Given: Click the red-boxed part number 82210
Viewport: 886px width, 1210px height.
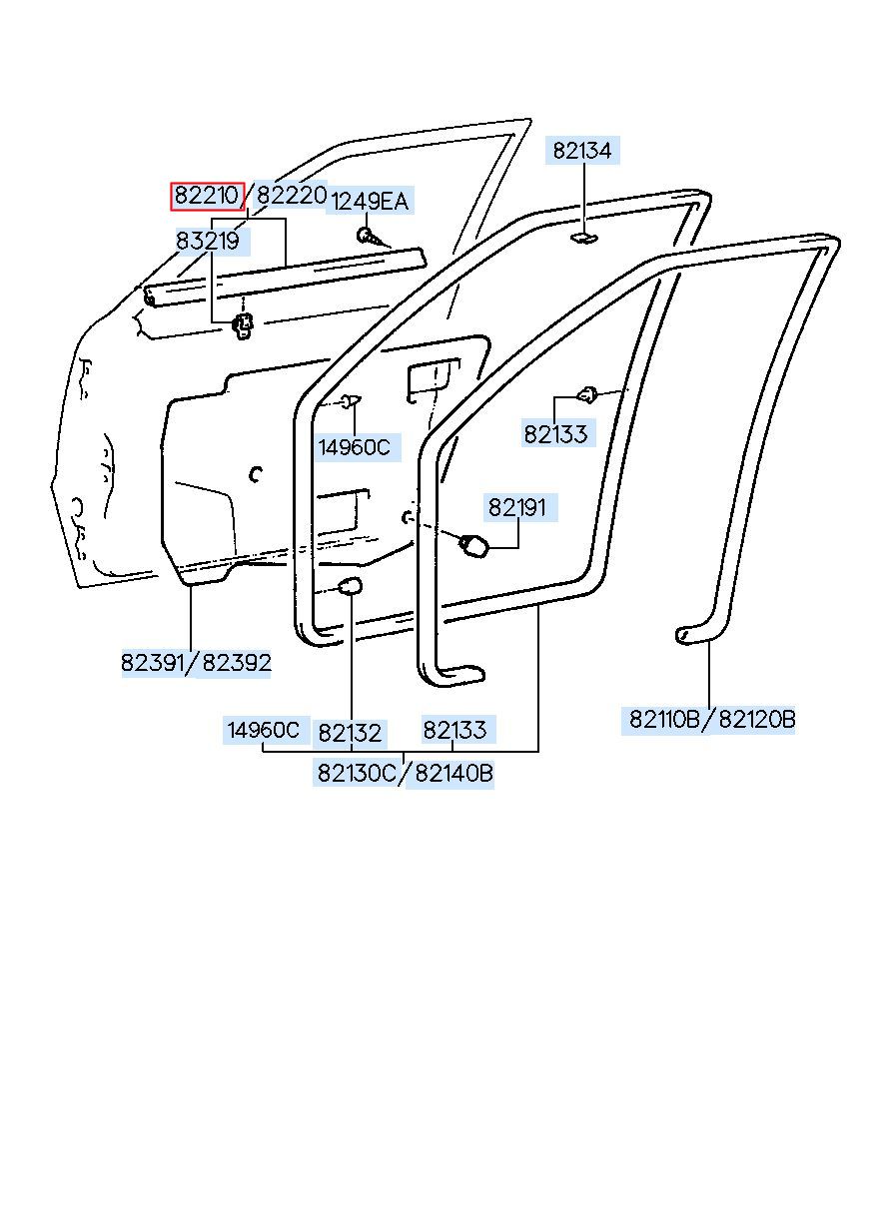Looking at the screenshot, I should [207, 196].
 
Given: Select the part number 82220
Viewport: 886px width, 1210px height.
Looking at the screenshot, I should [291, 196].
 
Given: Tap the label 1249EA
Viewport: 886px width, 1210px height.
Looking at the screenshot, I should [370, 202].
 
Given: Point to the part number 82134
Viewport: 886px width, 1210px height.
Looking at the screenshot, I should [582, 151].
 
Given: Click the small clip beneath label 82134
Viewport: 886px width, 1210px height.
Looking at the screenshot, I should [583, 237].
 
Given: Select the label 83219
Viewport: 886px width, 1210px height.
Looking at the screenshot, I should [208, 241].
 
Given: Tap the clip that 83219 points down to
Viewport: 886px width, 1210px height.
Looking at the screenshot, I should [242, 324].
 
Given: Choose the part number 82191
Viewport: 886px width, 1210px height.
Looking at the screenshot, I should [517, 508].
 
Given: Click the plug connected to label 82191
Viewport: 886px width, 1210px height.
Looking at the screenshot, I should [473, 545].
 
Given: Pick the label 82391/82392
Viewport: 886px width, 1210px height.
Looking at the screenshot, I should [197, 663].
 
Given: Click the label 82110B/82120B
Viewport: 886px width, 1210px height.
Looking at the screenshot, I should [712, 719].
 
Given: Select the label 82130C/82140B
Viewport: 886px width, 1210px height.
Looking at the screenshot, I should [405, 773].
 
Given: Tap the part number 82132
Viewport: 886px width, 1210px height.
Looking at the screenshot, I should [350, 733].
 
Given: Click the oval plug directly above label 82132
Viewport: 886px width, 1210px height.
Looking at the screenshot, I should [350, 586].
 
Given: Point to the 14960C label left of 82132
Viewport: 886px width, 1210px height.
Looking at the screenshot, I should [263, 730].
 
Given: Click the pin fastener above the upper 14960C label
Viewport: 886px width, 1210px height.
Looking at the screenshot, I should [349, 401].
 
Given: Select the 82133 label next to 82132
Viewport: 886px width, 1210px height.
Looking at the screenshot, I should [454, 730].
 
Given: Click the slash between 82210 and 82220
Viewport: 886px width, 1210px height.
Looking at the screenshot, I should [250, 196].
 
